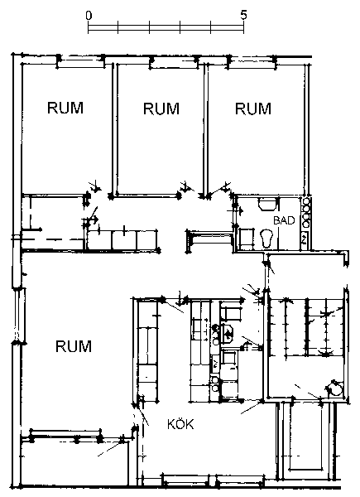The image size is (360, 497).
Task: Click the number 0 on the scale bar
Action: [x=89, y=16]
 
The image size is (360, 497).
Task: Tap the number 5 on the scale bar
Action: [x=243, y=15]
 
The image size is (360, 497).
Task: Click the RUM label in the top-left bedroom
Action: [x=65, y=108]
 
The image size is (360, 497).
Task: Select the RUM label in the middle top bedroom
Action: [x=161, y=109]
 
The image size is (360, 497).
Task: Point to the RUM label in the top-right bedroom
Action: [x=253, y=109]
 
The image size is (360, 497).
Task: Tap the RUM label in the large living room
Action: [x=74, y=346]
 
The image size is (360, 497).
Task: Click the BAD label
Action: [x=284, y=220]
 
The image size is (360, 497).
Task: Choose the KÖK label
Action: [x=180, y=424]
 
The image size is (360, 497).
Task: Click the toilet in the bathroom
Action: [x=266, y=238]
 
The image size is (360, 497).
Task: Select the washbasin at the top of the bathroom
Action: [x=267, y=204]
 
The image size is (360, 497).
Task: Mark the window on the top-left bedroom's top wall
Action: [x=80, y=61]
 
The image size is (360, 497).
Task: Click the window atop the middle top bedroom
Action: [x=174, y=62]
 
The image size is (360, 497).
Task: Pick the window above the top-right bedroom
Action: [x=252, y=62]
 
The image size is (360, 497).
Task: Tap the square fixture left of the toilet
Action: [x=247, y=238]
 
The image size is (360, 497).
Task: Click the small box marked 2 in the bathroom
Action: [x=304, y=239]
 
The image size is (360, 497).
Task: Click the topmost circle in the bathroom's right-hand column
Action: [x=306, y=201]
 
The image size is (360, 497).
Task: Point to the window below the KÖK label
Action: [x=213, y=481]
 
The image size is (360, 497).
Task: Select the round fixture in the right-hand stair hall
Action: [x=334, y=388]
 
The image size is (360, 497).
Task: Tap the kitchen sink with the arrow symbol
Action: [x=227, y=334]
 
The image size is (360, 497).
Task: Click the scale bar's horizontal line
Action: [x=166, y=31]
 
